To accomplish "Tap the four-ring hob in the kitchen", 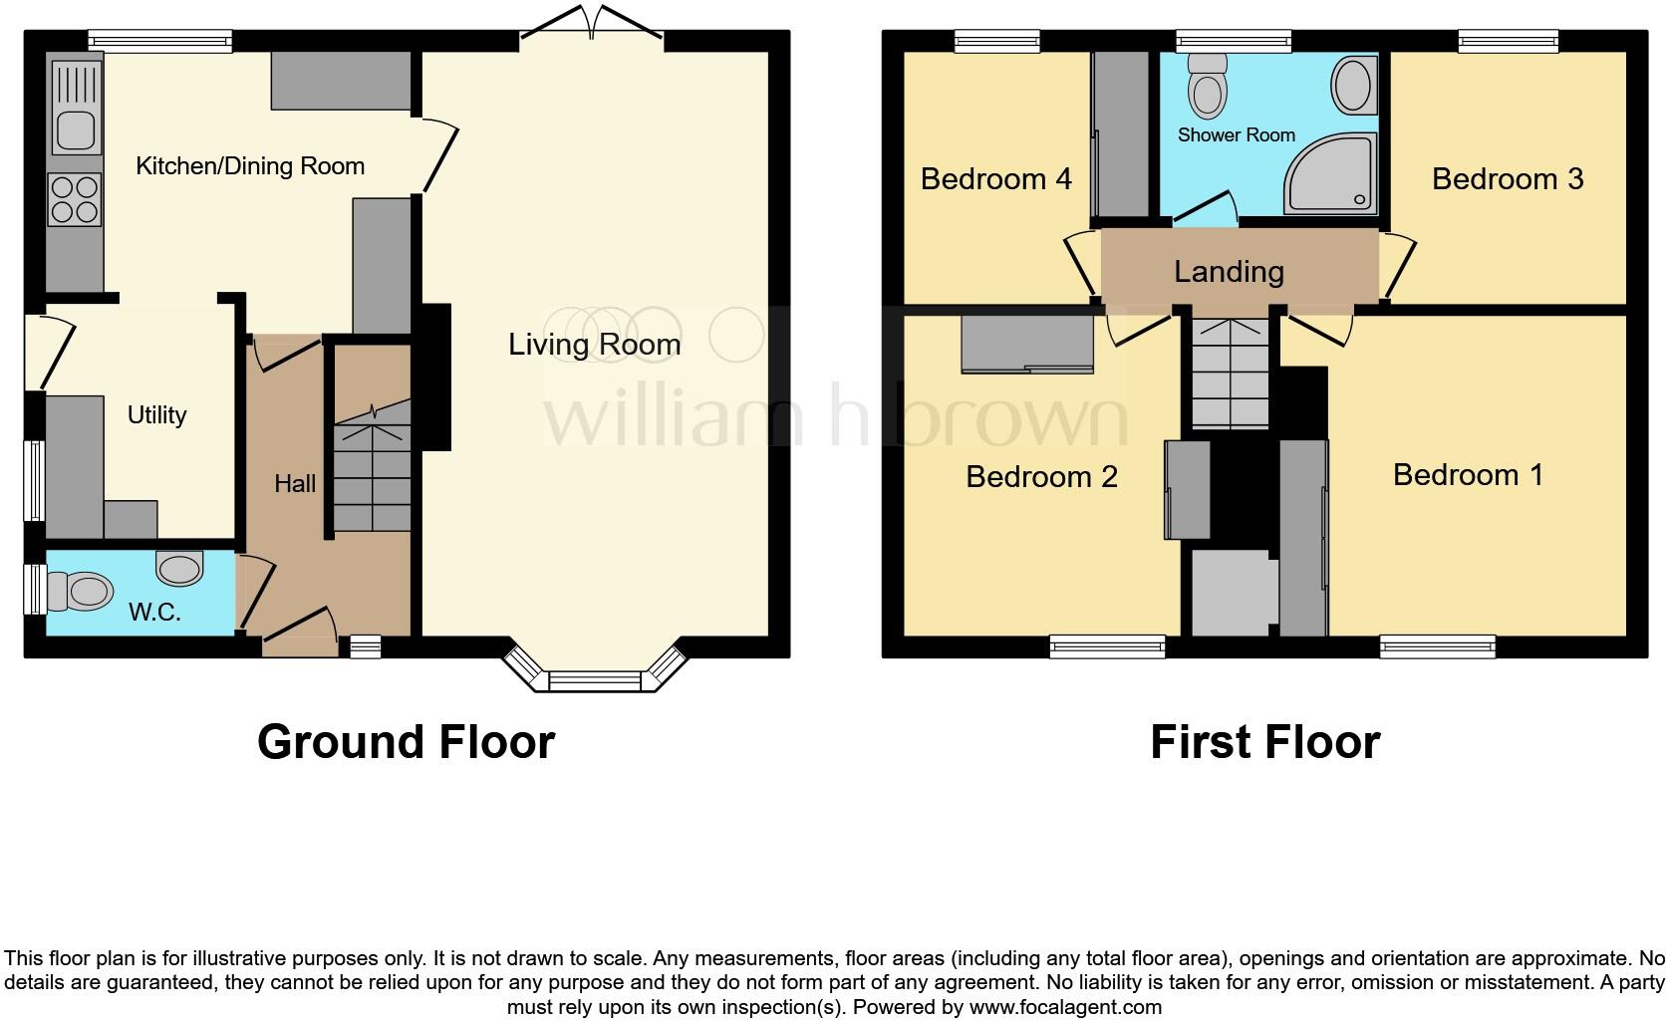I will tap(75, 200).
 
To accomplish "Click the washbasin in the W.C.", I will tap(180, 570).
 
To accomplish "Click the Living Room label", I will tap(594, 345).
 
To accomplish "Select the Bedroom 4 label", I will tap(995, 179).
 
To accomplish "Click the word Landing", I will tap(1229, 272).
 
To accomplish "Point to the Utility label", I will tap(156, 415).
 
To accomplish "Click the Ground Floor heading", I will tap(406, 742).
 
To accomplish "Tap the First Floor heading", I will tap(1264, 742).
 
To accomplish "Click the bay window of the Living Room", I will tap(595, 677).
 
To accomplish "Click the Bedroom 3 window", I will tap(1508, 41).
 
